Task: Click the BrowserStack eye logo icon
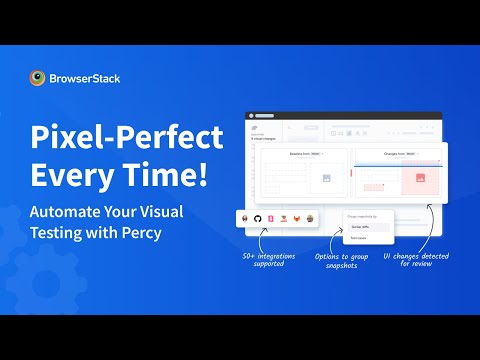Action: [38, 77]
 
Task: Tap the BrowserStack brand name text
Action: [85, 77]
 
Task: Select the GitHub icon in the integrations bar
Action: [257, 217]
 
